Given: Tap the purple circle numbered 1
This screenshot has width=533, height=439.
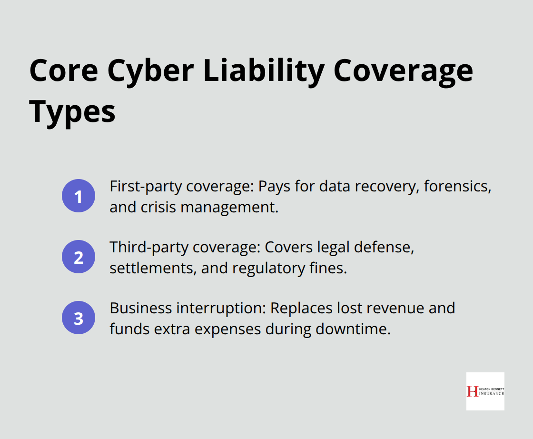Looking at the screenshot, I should [79, 196].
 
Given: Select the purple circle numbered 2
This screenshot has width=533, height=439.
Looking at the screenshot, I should [79, 257].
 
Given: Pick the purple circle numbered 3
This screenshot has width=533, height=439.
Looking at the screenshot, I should [79, 318].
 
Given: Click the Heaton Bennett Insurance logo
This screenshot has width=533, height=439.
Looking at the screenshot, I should [485, 391].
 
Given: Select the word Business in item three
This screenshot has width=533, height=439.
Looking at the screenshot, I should [135, 308].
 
